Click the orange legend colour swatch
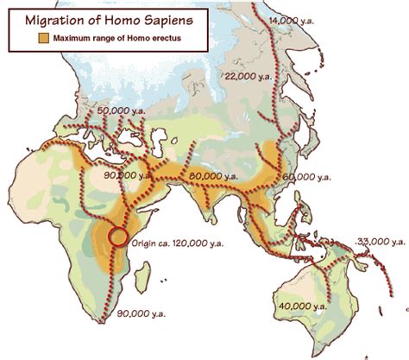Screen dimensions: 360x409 pos(41,39)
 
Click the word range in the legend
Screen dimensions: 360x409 pos(111,39)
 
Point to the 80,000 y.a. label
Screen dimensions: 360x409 pos(213,175)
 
